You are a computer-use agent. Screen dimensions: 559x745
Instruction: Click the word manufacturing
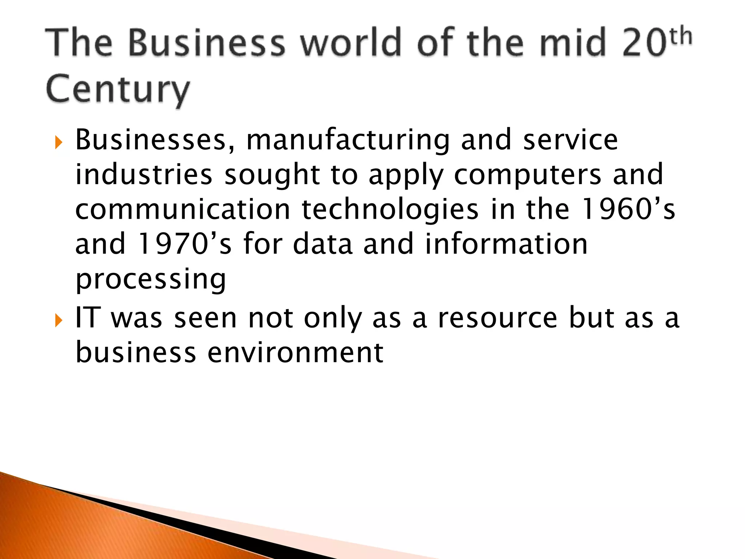point(348,140)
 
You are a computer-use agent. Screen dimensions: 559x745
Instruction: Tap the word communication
point(183,209)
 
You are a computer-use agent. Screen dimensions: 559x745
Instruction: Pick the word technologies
point(390,210)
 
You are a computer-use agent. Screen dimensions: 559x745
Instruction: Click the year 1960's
point(628,209)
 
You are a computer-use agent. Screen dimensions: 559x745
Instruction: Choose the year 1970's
point(185,244)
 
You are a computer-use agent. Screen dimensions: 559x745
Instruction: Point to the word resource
point(497,318)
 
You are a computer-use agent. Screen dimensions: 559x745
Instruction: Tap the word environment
point(295,352)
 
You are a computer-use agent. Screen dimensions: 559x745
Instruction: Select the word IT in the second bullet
point(87,318)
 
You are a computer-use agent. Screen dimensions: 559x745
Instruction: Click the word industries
point(144,175)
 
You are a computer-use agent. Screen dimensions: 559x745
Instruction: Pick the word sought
point(272,175)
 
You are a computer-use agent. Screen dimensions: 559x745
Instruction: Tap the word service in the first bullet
point(570,140)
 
